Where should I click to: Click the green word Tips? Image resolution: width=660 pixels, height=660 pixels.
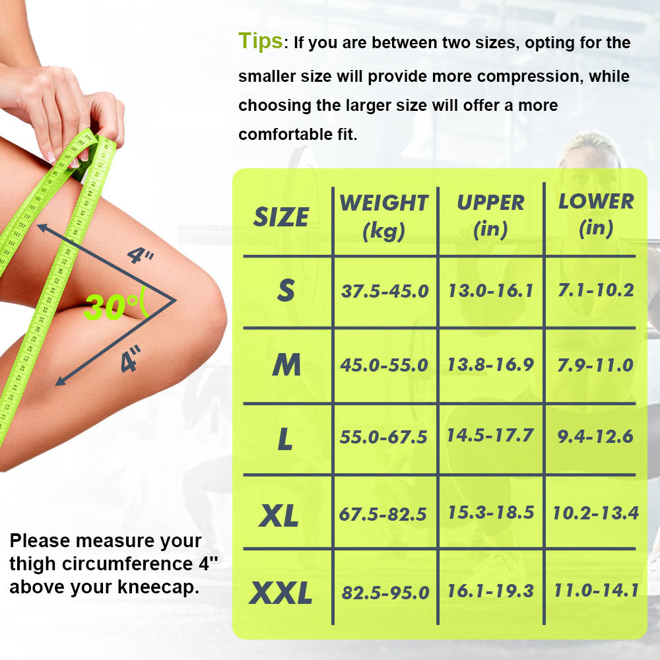261,41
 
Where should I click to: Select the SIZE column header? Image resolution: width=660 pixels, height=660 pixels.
280,217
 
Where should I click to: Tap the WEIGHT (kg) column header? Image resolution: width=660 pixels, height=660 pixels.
384,216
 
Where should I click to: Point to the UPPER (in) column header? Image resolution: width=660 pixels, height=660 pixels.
490,216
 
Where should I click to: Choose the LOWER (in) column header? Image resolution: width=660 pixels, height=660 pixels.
596,215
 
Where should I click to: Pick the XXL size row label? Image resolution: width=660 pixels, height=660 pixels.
280,593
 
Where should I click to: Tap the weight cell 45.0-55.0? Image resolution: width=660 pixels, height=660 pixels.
384,365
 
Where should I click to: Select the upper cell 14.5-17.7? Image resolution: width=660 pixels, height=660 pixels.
490,435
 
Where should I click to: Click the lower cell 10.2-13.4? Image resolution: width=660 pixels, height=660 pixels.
595,513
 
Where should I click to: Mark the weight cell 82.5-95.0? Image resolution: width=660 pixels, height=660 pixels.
385,593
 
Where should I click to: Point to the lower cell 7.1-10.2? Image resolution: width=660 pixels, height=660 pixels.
595,290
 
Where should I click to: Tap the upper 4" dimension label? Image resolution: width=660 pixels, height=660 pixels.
141,255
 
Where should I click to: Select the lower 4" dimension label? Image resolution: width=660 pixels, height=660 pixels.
131,358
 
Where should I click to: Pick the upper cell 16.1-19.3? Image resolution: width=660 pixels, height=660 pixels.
490,591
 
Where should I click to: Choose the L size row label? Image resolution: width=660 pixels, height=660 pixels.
285,439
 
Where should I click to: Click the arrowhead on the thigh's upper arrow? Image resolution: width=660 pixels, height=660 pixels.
42,228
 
